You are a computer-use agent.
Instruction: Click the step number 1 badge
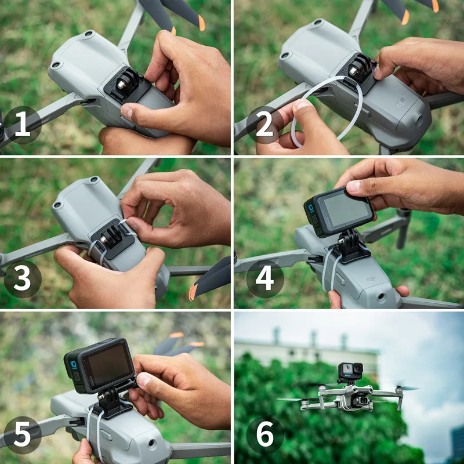click(x=23, y=125)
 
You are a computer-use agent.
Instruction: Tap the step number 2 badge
click(x=265, y=125)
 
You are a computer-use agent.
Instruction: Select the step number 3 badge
click(x=23, y=279)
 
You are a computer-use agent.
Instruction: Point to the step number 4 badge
click(x=265, y=279)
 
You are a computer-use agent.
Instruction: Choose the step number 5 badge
click(x=23, y=434)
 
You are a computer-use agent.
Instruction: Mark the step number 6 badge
click(x=265, y=434)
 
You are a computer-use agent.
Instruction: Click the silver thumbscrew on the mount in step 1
click(x=121, y=85)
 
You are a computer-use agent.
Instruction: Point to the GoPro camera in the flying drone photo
click(x=350, y=371)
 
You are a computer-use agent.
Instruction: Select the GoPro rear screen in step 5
click(x=107, y=365)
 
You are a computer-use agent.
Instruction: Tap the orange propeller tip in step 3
click(x=193, y=292)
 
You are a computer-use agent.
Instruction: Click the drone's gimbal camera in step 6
click(x=363, y=401)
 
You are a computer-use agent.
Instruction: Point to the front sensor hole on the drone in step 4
click(x=382, y=296)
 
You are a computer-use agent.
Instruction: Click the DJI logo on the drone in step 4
click(x=371, y=278)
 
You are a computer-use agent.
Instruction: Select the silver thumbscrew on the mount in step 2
click(x=353, y=71)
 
